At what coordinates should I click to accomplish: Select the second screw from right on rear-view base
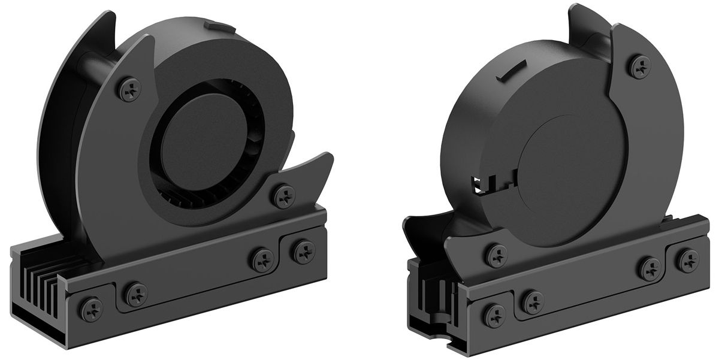pyautogui.click(x=649, y=268)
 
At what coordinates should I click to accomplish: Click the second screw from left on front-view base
pyautogui.click(x=137, y=294)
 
